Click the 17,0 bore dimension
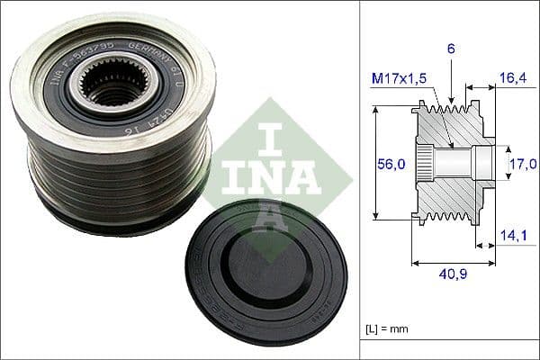click(521, 164)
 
